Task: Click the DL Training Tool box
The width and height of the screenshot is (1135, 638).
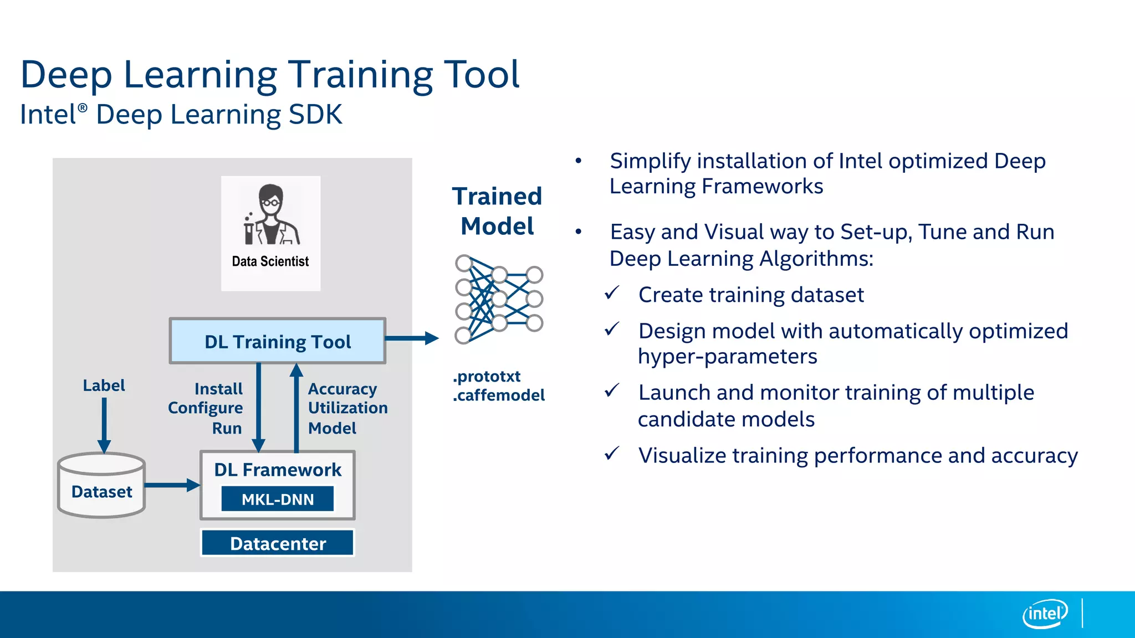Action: click(277, 341)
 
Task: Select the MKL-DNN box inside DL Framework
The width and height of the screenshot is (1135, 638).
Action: click(277, 499)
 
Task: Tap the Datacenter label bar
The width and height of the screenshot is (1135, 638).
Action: click(277, 543)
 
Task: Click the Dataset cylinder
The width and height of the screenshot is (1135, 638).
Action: click(101, 486)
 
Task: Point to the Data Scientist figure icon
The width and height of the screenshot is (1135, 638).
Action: click(270, 216)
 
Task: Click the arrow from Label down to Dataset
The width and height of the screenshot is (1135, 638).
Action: click(104, 424)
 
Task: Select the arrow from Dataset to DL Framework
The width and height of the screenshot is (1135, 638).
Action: click(172, 485)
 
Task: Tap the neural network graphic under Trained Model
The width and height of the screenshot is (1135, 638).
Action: click(498, 300)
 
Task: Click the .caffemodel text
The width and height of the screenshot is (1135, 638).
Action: click(498, 395)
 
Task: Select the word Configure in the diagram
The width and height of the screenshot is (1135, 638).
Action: click(205, 408)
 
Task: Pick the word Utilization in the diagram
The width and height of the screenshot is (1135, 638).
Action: click(347, 408)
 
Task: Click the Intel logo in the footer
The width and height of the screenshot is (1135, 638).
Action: click(1045, 614)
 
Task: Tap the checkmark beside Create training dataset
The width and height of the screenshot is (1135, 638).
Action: click(611, 293)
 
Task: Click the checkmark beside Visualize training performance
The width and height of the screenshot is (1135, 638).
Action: click(611, 454)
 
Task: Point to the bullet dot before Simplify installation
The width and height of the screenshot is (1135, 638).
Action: click(578, 161)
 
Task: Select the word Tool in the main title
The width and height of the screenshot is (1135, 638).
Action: click(482, 75)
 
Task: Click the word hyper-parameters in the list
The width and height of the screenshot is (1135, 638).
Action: click(727, 357)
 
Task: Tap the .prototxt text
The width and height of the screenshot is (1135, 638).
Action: click(487, 377)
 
